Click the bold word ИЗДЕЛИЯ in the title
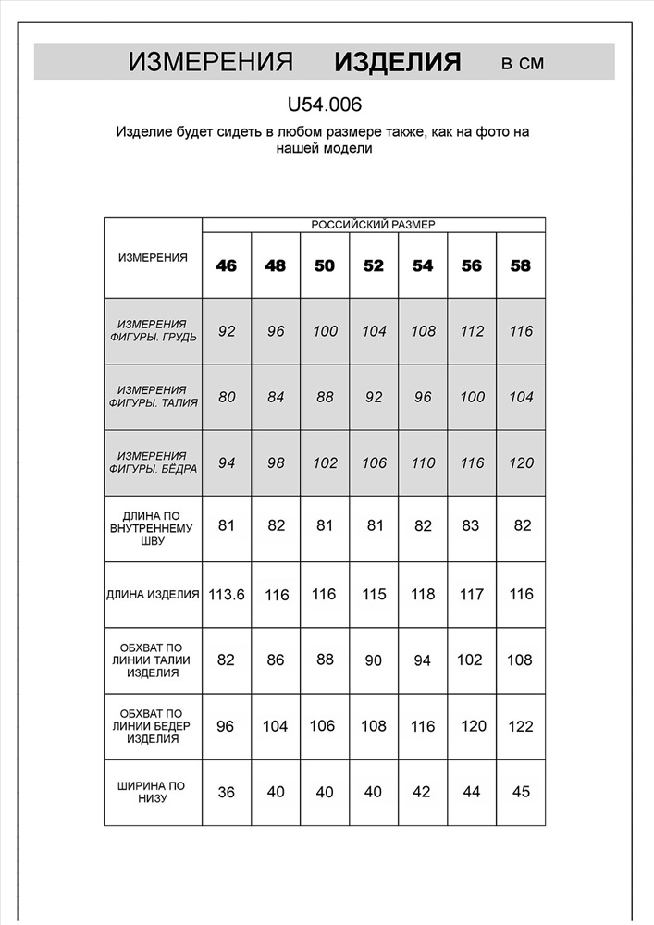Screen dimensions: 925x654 coord(398,63)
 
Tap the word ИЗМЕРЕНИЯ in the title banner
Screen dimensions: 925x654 coord(211,63)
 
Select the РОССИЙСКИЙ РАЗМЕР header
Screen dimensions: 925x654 coord(373,225)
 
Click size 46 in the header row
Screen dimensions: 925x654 coord(227,265)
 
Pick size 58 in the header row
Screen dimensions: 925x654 coord(521,265)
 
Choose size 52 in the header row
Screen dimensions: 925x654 coord(374,265)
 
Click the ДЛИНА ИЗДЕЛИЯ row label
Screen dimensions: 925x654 coord(153,595)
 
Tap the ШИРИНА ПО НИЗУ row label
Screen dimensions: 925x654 coord(153,793)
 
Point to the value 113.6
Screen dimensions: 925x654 coord(227,595)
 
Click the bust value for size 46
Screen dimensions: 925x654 coord(227,331)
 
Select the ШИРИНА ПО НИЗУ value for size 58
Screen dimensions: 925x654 coord(521,793)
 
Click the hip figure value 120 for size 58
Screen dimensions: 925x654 coord(521,463)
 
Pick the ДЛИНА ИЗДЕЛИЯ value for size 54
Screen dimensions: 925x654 coord(423,595)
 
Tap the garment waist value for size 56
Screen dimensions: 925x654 coord(472,660)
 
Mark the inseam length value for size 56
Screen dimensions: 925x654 coord(472,526)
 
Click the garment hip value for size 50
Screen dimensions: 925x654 coord(324,726)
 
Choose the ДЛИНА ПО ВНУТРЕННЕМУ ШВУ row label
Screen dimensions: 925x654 coord(153,527)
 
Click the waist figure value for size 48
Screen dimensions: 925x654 coord(276,398)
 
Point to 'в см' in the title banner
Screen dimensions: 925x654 coord(523,64)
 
